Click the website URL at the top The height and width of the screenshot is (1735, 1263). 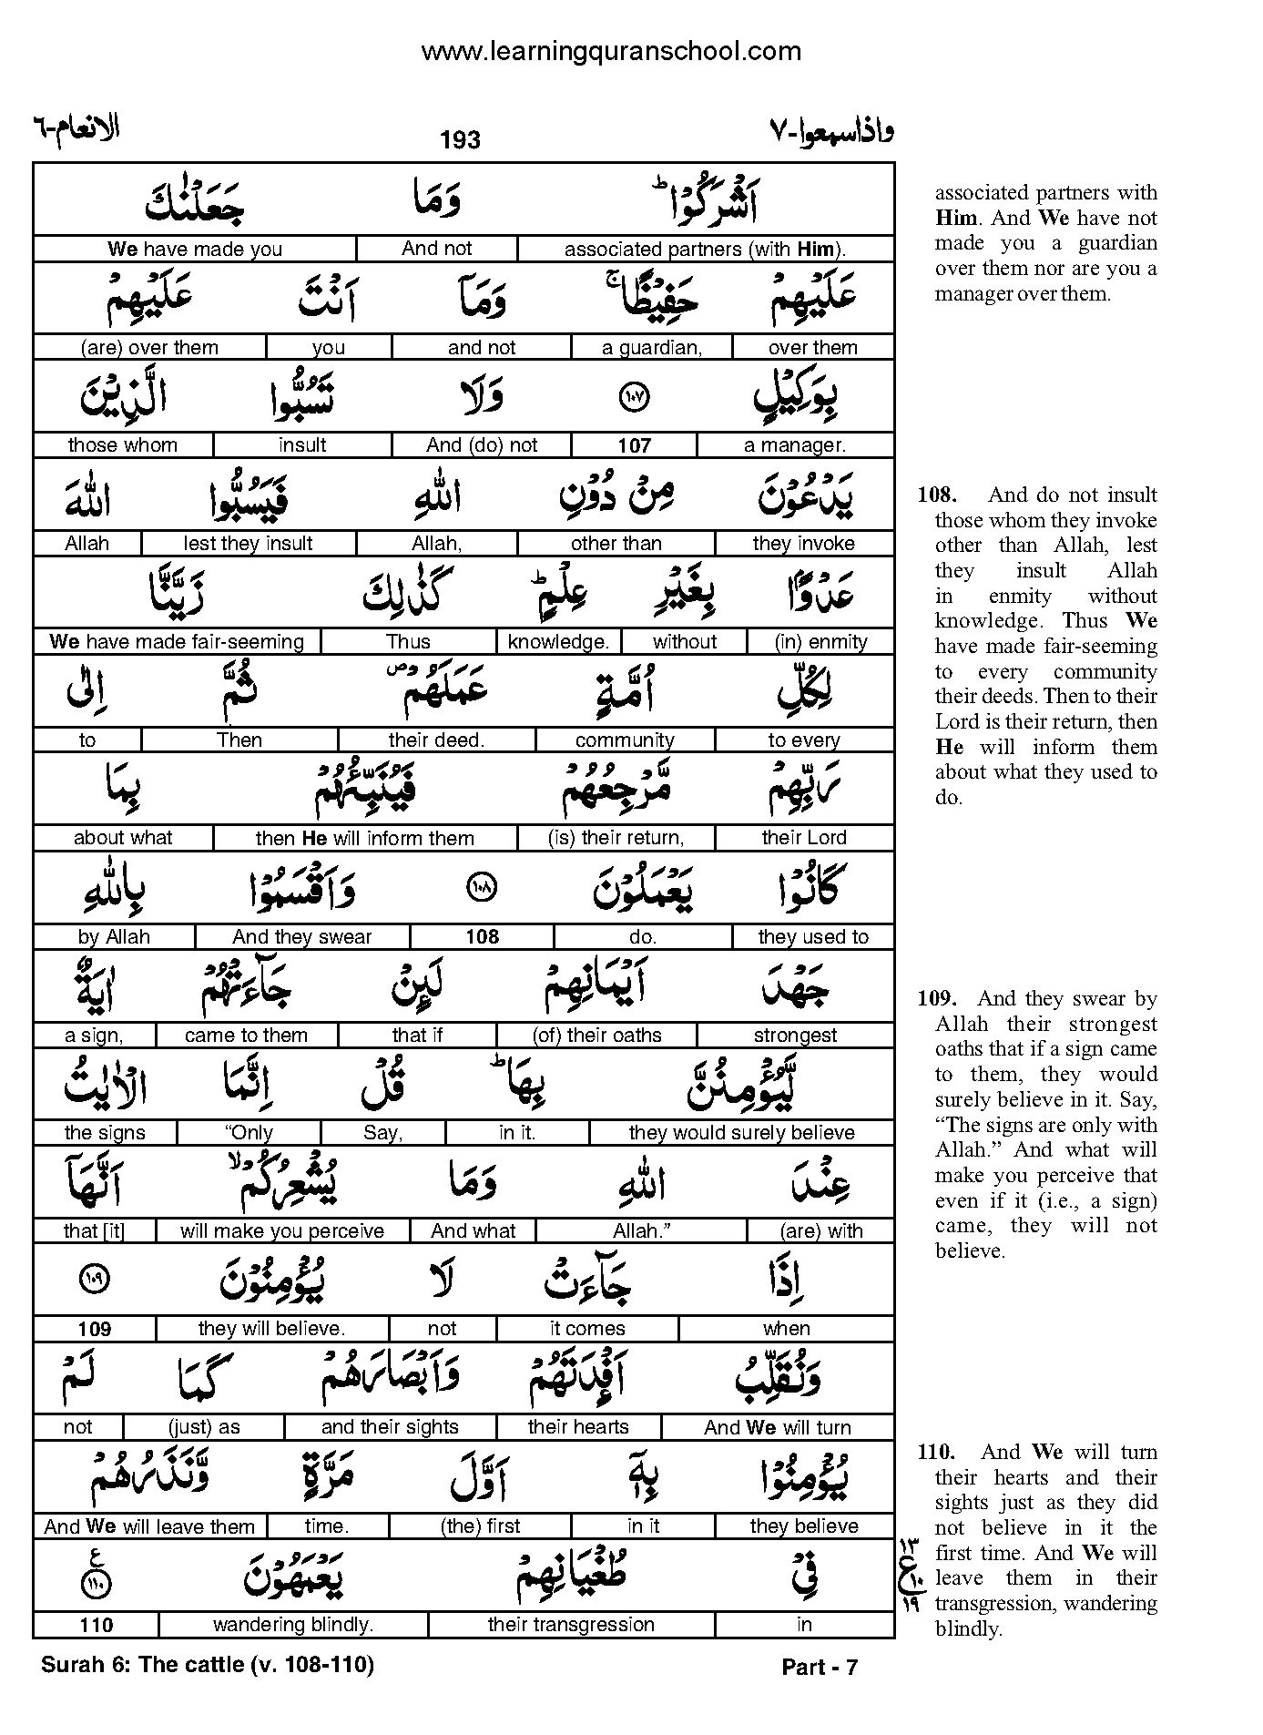pos(611,51)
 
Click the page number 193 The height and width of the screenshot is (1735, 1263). pos(460,139)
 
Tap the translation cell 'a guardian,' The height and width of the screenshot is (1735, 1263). pos(652,347)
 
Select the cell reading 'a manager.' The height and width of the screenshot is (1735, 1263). pos(795,445)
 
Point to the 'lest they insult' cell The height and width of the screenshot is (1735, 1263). pos(248,544)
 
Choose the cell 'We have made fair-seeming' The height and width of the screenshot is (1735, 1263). pos(177,642)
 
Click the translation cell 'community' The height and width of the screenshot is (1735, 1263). pos(625,740)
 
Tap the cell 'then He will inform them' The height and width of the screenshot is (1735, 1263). pos(364,838)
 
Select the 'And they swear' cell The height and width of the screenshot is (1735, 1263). pos(301,936)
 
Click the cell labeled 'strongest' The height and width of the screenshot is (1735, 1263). pos(795,1035)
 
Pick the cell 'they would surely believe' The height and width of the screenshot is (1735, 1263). pos(741,1133)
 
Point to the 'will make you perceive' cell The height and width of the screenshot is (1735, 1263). pos(281,1231)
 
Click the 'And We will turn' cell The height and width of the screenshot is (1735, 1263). pos(777,1427)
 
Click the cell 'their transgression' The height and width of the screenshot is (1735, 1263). pos(571,1624)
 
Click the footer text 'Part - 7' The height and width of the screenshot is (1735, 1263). pos(820,1668)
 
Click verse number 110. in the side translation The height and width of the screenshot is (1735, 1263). pos(936,1453)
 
